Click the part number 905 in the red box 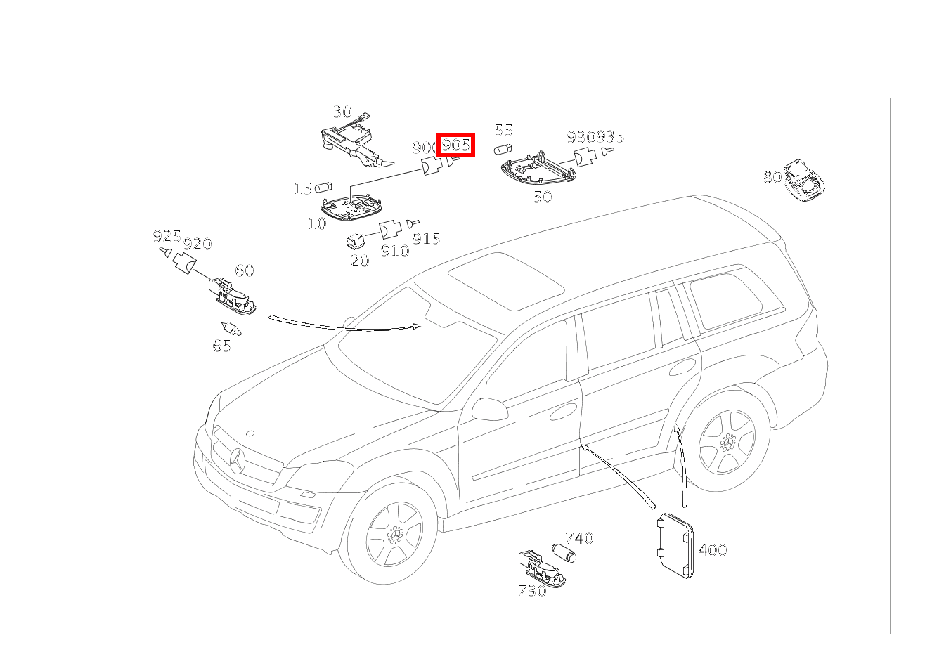coord(455,145)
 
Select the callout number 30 coord(342,112)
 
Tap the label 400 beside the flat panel coord(712,550)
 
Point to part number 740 coord(579,538)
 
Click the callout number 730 coord(531,591)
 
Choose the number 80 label coord(772,177)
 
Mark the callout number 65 coord(221,346)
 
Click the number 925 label coord(167,236)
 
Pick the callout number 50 coord(543,197)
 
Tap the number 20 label coord(359,260)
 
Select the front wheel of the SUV coord(394,533)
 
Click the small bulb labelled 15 coord(324,188)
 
